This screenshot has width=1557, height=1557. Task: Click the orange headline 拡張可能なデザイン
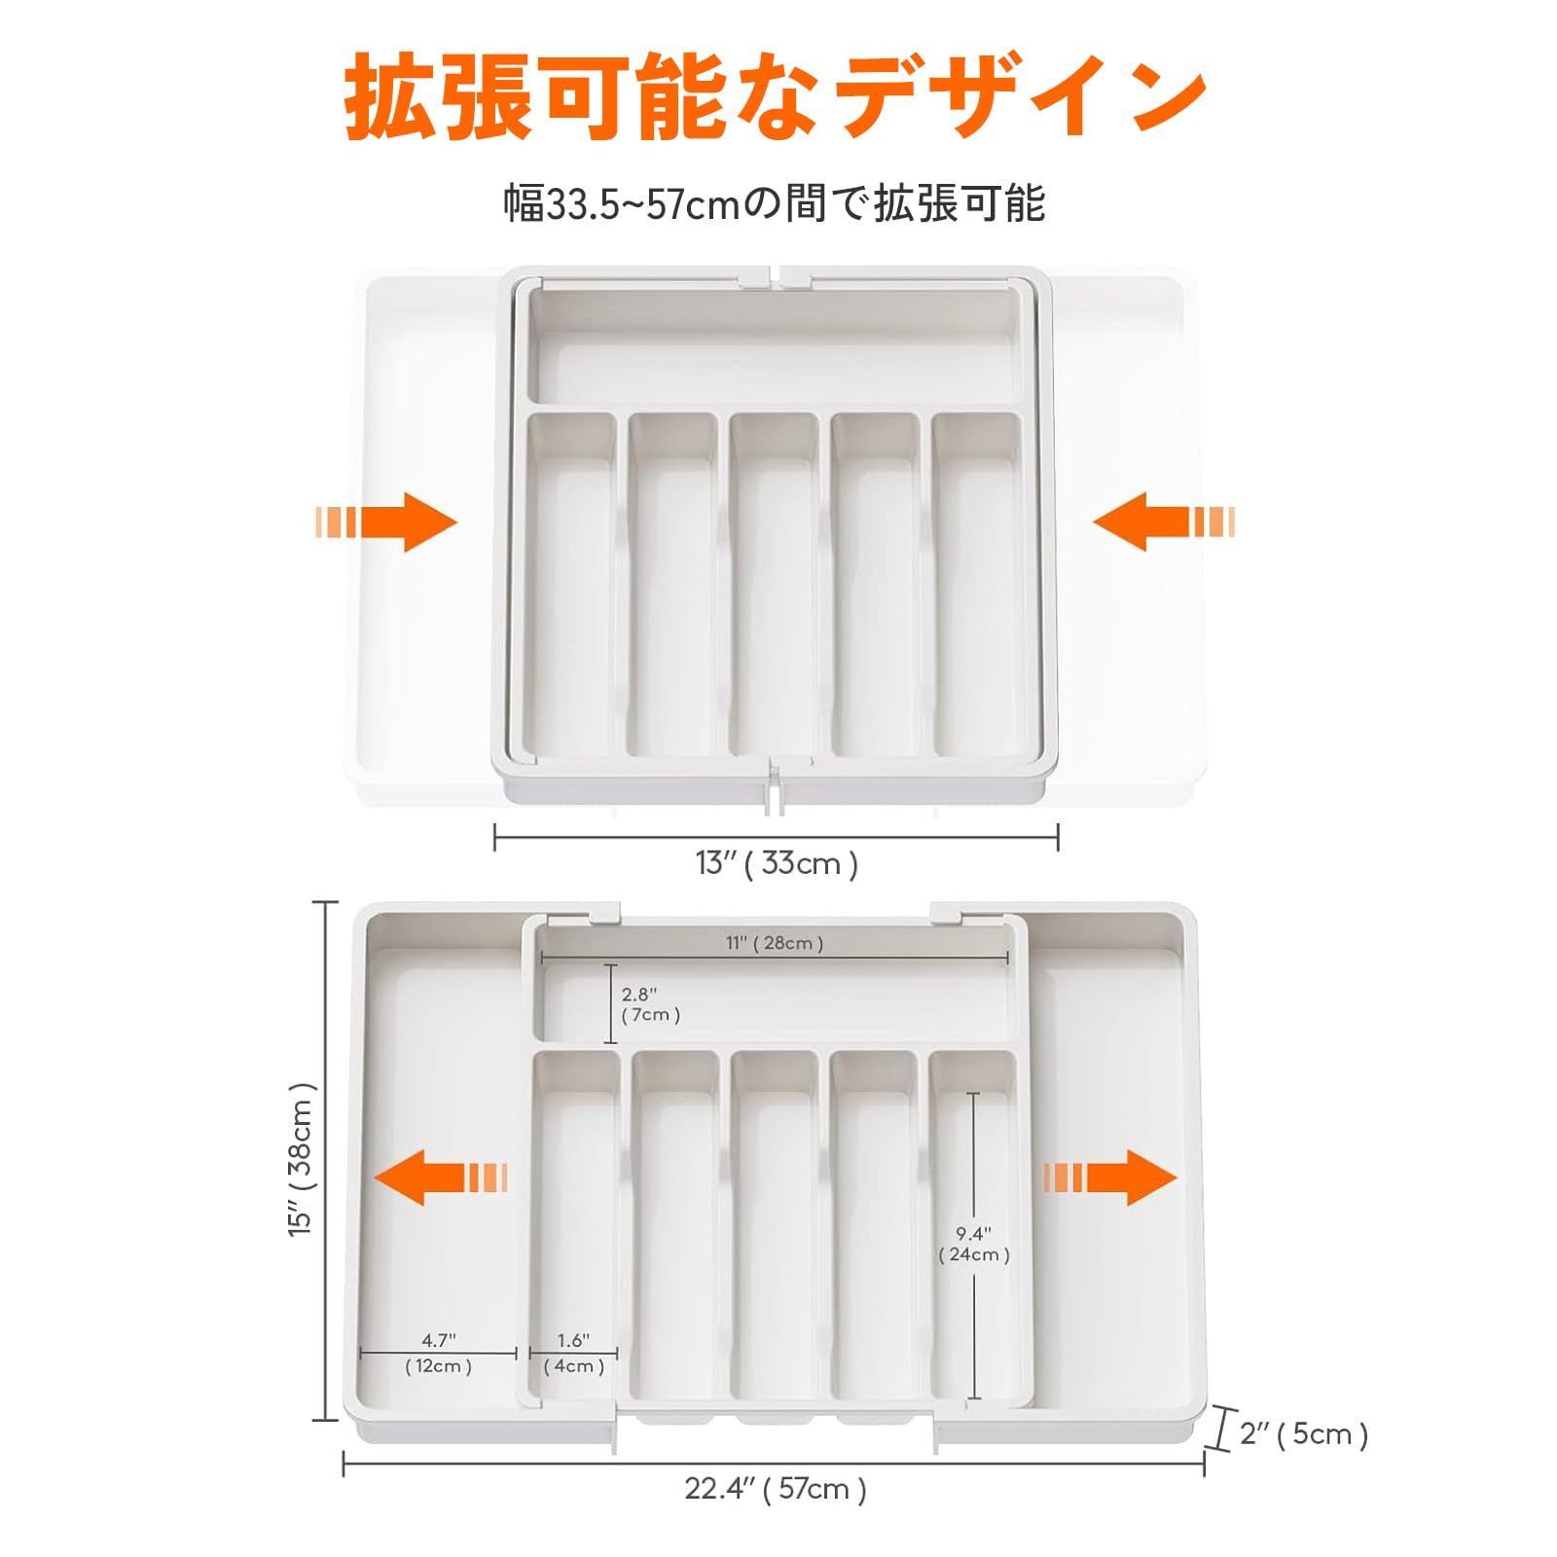pos(776,96)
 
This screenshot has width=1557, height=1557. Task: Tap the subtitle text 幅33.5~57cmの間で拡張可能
pos(775,204)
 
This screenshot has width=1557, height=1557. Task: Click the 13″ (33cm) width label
pos(777,863)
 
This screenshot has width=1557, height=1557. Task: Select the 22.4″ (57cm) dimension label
pos(776,1488)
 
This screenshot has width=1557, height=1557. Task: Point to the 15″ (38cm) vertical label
pos(303,1160)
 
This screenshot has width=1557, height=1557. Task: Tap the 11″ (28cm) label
pos(775,942)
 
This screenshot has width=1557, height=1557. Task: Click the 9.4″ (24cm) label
pos(974,1244)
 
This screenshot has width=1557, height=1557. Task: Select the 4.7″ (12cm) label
pos(439,1354)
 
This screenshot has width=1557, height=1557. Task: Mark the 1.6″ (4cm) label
pos(574,1354)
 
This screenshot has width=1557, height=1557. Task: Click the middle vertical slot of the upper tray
pos(775,584)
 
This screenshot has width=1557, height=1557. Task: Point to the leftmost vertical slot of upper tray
pos(572,584)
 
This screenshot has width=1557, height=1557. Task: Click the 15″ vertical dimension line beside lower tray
pos(325,1160)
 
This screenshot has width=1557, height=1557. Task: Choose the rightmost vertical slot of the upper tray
pos(977,584)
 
